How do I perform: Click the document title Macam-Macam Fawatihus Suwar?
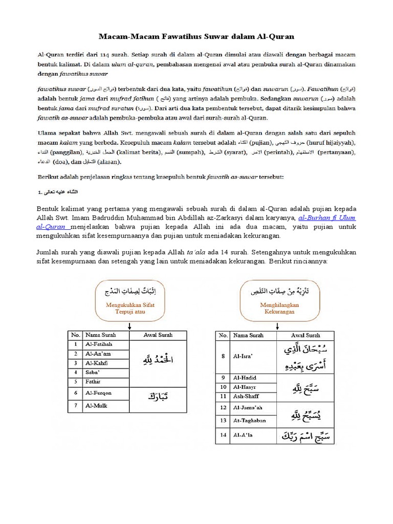(196, 37)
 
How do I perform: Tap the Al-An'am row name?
(99, 354)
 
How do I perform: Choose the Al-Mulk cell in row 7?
(97, 406)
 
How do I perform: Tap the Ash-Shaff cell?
(246, 396)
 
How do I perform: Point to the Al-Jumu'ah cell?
(248, 408)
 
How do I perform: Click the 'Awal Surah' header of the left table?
(158, 335)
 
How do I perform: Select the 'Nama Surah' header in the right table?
(248, 335)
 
